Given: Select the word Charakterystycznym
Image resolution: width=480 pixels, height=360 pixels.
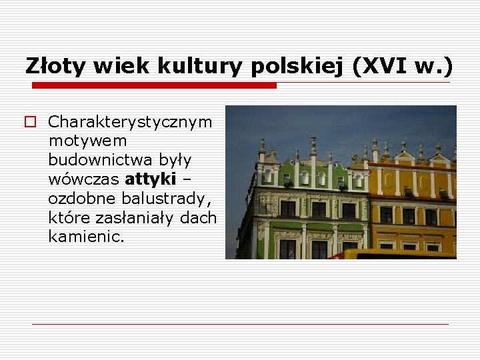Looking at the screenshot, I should (x=131, y=122).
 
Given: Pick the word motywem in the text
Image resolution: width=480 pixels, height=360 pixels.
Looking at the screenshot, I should (x=87, y=141).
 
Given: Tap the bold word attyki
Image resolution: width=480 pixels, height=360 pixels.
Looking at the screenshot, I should (x=150, y=180).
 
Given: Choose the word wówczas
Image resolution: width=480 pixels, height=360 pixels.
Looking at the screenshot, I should (x=84, y=180).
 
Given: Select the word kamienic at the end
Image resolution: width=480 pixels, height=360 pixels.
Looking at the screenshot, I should (x=85, y=237).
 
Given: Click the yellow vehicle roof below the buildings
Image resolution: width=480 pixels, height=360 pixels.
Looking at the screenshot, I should (x=393, y=254).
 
